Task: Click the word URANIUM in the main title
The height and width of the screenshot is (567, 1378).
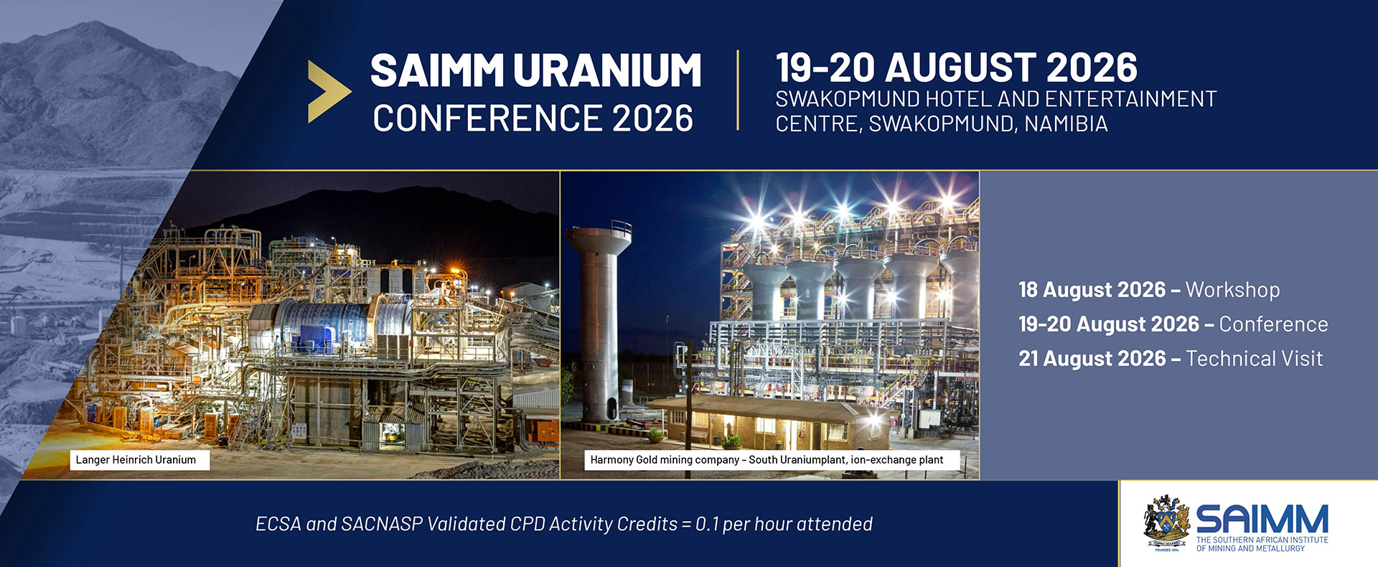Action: (607, 70)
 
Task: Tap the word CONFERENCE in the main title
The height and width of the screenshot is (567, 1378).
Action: (487, 118)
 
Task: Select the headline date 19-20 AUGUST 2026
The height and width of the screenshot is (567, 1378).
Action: (956, 67)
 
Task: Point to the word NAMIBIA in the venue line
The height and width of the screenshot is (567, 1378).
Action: (1066, 124)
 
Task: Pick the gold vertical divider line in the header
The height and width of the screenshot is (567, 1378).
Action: (738, 90)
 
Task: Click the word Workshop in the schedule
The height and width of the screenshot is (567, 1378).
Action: (1232, 290)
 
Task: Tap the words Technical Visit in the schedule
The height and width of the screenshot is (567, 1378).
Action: (1254, 359)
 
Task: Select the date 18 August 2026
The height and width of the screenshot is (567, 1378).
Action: (1092, 290)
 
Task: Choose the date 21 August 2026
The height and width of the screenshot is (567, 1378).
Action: (1092, 359)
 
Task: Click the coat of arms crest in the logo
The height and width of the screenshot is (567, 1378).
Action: (1166, 523)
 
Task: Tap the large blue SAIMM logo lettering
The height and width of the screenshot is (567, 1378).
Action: (1262, 519)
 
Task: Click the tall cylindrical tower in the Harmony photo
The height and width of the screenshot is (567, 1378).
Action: (598, 323)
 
